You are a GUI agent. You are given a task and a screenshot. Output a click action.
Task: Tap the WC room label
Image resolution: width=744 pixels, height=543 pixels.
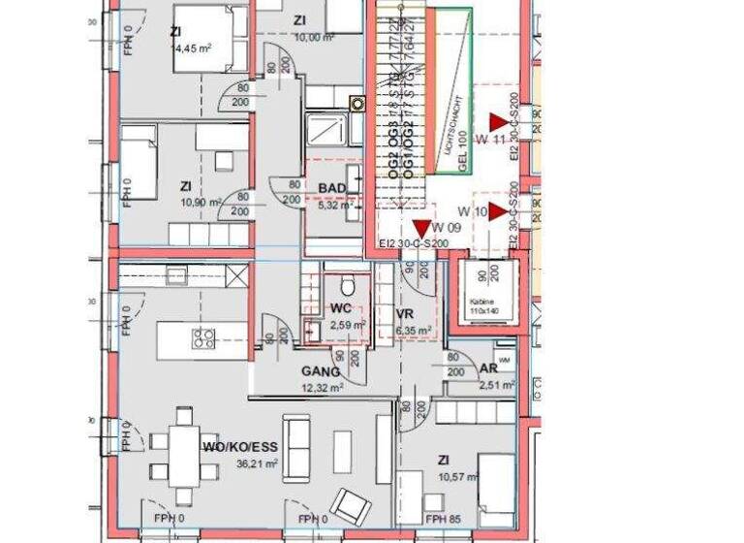pyautogui.click(x=340, y=308)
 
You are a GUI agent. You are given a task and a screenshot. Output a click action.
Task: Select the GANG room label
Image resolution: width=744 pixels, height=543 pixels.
pyautogui.click(x=320, y=370)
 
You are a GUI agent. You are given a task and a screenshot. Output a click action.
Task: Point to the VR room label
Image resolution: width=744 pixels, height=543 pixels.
pyautogui.click(x=405, y=313)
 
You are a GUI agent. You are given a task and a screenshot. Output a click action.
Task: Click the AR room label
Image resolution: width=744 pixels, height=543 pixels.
pyautogui.click(x=489, y=368)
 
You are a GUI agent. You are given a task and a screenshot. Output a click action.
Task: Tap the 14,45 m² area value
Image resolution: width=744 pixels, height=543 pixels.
pyautogui.click(x=192, y=47)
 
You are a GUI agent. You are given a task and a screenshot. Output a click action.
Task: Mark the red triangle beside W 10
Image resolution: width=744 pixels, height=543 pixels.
pyautogui.click(x=499, y=211)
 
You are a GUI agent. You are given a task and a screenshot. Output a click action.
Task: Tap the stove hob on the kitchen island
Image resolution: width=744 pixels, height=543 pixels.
pyautogui.click(x=204, y=338)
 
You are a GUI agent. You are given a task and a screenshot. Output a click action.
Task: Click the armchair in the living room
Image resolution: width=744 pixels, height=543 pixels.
pyautogui.click(x=348, y=502)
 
